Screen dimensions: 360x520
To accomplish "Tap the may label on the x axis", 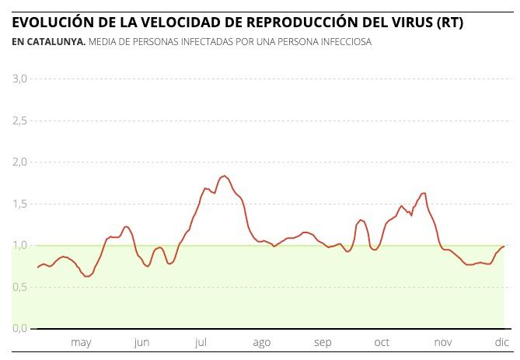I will (x=81, y=343).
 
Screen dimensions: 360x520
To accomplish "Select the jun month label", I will (x=141, y=343).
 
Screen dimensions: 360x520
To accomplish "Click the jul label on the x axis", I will (x=201, y=343).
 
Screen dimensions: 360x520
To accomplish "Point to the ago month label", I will (x=262, y=343).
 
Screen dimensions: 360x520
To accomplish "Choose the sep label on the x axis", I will (x=323, y=343).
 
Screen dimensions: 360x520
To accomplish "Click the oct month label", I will (x=382, y=343).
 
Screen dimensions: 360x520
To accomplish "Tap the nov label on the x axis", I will (x=442, y=343).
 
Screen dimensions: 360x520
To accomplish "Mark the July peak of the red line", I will (x=224, y=176).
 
